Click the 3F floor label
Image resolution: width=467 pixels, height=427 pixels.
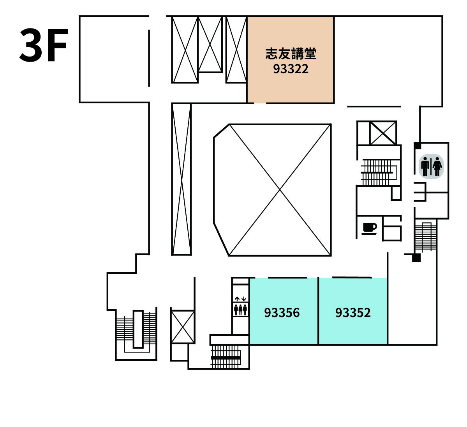(44, 45)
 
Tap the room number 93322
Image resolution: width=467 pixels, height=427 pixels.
(291, 69)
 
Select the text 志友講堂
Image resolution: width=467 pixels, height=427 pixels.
(291, 54)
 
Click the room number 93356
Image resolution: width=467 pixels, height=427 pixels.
(282, 313)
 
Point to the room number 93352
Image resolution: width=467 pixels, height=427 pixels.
(353, 313)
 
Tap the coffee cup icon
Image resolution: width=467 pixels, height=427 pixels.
(369, 229)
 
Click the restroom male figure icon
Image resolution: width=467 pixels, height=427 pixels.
(425, 167)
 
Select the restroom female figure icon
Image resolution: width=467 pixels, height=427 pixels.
(437, 167)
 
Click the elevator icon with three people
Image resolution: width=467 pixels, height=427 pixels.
(240, 310)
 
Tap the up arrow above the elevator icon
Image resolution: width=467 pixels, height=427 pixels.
(237, 299)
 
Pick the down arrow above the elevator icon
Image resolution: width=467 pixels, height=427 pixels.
(244, 299)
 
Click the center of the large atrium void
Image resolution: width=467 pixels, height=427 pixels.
(280, 190)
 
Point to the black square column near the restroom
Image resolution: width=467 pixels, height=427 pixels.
(417, 145)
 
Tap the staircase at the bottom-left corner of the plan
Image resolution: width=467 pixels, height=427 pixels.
(136, 333)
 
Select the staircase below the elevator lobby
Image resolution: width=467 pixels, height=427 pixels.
(226, 356)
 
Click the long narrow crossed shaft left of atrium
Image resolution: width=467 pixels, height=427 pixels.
(182, 179)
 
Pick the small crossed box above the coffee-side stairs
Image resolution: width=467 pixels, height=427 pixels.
(383, 133)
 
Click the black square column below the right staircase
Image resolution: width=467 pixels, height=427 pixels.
(416, 258)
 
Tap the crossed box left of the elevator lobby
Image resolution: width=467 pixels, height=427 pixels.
(183, 326)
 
